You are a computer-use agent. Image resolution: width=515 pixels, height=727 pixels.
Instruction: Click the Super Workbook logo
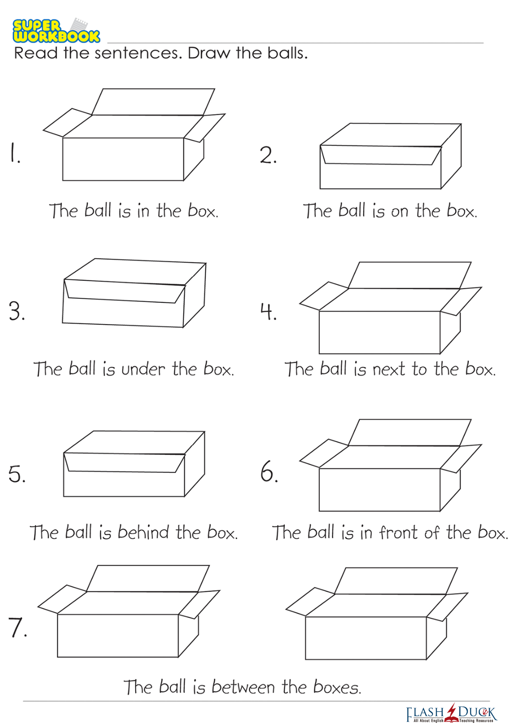(x=56, y=31)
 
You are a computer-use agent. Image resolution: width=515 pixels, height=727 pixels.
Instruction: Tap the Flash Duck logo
(x=451, y=713)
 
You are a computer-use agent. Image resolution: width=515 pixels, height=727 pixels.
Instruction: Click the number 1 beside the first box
(x=14, y=152)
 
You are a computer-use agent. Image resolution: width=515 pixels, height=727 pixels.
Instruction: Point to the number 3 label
(x=17, y=311)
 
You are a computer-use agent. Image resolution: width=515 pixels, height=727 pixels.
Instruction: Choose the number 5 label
(x=17, y=474)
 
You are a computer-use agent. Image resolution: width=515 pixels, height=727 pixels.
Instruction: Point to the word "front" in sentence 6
(x=398, y=532)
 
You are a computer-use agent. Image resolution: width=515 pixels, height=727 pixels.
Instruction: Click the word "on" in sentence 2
(x=399, y=212)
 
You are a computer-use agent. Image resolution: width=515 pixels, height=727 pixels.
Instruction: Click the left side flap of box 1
(x=67, y=123)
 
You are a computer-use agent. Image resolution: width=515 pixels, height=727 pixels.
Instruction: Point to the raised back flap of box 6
(x=409, y=432)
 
